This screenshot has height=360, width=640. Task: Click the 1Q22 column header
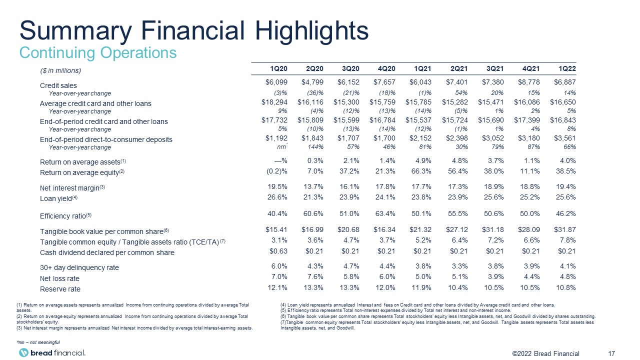pyautogui.click(x=567, y=68)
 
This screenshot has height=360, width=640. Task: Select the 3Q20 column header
pyautogui.click(x=350, y=68)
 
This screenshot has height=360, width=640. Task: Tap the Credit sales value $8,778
pyautogui.click(x=529, y=82)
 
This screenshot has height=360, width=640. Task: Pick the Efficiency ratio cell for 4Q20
pyautogui.click(x=385, y=213)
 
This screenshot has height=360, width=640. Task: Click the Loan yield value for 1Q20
pyautogui.click(x=277, y=197)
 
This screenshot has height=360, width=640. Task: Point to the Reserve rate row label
pyautogui.click(x=60, y=289)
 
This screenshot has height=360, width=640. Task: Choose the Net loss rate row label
pyautogui.click(x=59, y=278)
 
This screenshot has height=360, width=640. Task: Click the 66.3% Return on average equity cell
pyautogui.click(x=421, y=171)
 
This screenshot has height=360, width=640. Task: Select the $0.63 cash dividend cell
pyautogui.click(x=278, y=251)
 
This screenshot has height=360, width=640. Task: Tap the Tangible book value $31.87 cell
pyautogui.click(x=565, y=229)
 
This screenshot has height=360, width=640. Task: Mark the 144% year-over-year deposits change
pyautogui.click(x=315, y=147)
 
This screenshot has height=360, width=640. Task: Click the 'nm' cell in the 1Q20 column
pyautogui.click(x=281, y=147)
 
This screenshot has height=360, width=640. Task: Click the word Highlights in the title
pyautogui.click(x=311, y=30)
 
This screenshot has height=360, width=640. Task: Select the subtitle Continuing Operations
pyautogui.click(x=98, y=53)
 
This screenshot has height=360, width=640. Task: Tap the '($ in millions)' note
pyautogui.click(x=60, y=70)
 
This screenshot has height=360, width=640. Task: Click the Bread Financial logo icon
pyautogui.click(x=23, y=352)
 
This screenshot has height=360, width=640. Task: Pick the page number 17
pyautogui.click(x=611, y=353)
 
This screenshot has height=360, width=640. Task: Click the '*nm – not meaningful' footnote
pyautogui.click(x=38, y=342)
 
